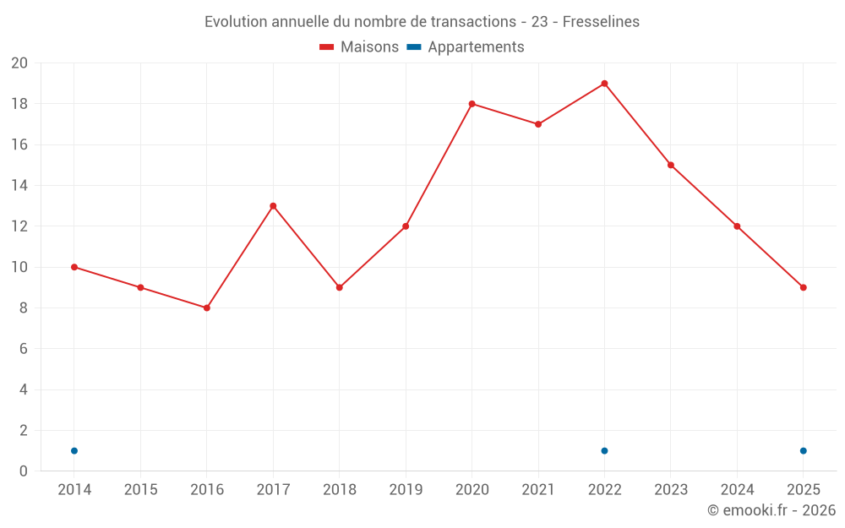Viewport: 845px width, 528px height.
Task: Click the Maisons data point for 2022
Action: point(604,84)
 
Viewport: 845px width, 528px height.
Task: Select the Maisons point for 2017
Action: point(273,206)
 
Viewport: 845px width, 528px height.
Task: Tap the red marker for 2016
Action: point(207,308)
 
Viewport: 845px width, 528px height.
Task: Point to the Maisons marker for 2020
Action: point(472,104)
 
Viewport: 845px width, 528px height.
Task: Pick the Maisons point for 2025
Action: point(803,287)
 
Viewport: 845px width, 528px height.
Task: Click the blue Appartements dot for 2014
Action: point(74,450)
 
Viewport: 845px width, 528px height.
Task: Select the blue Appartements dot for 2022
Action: point(604,450)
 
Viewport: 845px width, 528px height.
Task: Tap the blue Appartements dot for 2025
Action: point(803,450)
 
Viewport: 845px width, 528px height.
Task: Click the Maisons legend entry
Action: point(359,47)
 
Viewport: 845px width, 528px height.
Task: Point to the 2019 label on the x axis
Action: point(406,489)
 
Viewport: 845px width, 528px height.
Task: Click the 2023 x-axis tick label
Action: point(671,489)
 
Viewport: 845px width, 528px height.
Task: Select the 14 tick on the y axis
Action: point(19,186)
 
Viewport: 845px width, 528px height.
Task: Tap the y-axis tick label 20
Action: point(19,63)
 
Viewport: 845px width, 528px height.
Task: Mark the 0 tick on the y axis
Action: point(24,471)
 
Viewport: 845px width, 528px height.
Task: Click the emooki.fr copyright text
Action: point(771,510)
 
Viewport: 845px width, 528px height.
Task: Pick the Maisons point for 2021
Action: point(538,124)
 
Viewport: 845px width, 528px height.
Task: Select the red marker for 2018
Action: point(340,287)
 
